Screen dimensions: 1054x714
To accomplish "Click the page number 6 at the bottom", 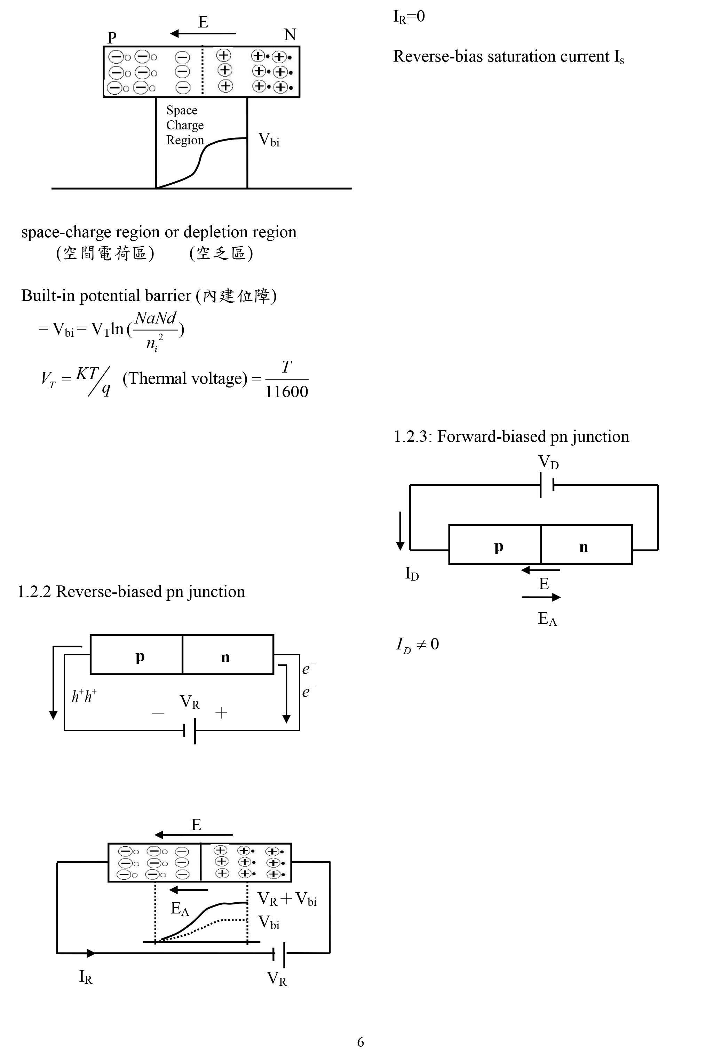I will click(x=360, y=1042).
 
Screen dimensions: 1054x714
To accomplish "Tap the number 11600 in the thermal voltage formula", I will click(x=286, y=391).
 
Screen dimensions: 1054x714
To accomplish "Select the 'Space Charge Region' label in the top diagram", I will click(x=185, y=125).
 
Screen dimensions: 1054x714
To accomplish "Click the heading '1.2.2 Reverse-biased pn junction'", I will click(x=131, y=591).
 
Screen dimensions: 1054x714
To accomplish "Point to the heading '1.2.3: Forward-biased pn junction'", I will click(x=511, y=436).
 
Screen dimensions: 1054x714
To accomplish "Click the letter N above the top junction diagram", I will click(x=290, y=34).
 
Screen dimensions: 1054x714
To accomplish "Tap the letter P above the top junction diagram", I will click(x=112, y=37).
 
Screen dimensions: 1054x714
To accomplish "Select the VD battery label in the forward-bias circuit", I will click(x=548, y=462).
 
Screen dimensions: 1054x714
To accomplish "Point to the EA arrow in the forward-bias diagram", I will click(x=541, y=597).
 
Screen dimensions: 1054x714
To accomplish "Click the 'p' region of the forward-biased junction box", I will click(x=499, y=546).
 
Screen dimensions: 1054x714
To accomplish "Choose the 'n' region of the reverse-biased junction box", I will click(x=225, y=657).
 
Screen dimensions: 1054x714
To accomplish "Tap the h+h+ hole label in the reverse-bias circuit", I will click(x=84, y=696).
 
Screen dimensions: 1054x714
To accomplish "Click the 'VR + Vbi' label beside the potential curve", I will click(x=287, y=899).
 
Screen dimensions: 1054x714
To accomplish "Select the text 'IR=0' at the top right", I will click(x=409, y=17).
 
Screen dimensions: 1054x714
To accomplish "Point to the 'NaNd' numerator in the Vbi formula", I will click(x=156, y=318).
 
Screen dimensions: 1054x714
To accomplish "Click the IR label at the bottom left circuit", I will click(x=86, y=976).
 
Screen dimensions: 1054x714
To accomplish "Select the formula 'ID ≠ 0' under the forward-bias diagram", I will click(x=417, y=645).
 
